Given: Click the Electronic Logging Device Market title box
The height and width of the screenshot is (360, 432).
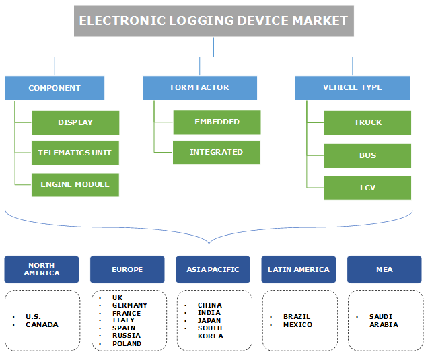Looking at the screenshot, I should point(213,21).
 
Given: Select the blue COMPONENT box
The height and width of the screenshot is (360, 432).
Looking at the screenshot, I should point(55,88).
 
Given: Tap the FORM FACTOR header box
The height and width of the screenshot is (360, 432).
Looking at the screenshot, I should point(199,87).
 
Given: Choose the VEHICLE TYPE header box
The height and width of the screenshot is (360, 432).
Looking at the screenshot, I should point(352,87).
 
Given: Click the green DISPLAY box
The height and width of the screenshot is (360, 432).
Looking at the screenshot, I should point(75,122).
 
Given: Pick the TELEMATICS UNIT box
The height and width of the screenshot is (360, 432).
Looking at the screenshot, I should point(75,153).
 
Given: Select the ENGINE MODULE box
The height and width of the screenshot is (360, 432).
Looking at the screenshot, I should point(75,184).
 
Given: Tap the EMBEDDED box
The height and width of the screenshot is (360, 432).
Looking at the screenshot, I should point(217,122).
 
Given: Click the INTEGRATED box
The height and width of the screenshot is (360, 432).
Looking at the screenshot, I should point(217,152).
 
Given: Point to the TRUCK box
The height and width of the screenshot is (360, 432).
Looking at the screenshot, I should point(367,122).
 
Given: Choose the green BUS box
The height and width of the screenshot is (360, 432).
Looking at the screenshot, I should point(367,155).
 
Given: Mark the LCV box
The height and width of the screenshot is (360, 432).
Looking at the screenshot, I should point(367,188).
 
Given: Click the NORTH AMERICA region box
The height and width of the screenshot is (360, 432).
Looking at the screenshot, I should point(42,269).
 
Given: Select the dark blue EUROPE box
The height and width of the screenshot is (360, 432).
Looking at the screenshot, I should point(127,269).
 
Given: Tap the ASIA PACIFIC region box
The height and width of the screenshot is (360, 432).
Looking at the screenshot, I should point(213,269).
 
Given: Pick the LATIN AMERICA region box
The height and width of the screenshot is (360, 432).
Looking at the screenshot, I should point(299,269).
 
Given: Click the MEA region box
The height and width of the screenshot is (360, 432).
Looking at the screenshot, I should point(384,269).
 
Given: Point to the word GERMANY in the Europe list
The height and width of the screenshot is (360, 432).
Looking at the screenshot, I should point(130,305).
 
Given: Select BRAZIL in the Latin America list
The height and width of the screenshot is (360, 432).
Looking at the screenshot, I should point(297,316).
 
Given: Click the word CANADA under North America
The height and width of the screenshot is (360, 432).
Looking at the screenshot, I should point(42,324).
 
